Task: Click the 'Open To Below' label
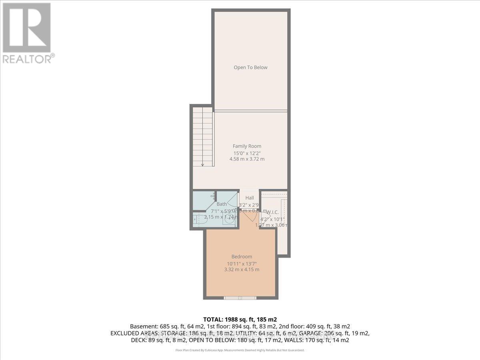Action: [250, 67]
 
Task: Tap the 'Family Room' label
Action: [247, 146]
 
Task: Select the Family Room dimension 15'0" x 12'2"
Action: [247, 153]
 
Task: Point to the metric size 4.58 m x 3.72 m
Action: [247, 159]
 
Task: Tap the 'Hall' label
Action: [250, 198]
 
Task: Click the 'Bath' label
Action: [222, 204]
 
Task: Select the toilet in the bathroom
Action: [198, 219]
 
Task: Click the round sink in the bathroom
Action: [230, 219]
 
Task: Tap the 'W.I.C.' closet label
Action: [272, 212]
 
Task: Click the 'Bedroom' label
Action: [242, 256]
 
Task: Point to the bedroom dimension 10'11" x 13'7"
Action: [242, 263]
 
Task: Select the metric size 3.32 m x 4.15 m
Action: [242, 270]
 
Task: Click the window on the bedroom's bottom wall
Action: [240, 298]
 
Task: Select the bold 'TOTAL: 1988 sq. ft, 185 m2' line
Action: [240, 319]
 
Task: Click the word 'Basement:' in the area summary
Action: [142, 326]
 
